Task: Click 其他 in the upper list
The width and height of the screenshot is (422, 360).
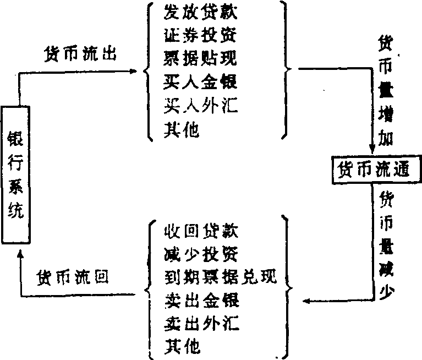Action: click(182, 130)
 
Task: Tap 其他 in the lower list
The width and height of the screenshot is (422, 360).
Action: click(182, 347)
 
